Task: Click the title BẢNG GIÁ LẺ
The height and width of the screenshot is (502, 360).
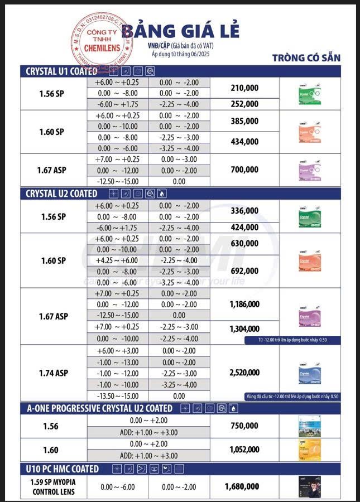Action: [x=180, y=30]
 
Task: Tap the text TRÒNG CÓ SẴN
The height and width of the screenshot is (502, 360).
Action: [x=306, y=57]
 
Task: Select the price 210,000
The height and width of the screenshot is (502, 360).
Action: [x=244, y=88]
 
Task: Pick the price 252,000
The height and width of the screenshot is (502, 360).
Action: [x=244, y=104]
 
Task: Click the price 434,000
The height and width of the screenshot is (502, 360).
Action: [x=244, y=142]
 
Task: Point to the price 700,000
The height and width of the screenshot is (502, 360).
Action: [x=244, y=170]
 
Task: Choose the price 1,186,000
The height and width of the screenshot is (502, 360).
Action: [x=244, y=304]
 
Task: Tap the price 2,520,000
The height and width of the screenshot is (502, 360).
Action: [x=244, y=372]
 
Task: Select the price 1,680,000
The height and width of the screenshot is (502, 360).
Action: [x=242, y=486]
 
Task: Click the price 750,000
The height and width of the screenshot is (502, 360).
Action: [x=244, y=426]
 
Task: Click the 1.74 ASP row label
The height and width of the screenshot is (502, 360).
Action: [x=54, y=373]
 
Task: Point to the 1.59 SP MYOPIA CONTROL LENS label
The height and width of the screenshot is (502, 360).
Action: [x=54, y=486]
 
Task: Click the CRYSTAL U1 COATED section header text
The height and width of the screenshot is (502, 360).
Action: [x=61, y=71]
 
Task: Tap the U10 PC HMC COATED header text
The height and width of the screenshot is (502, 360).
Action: [x=63, y=469]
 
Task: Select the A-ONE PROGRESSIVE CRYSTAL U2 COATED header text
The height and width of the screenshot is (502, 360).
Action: [x=99, y=408]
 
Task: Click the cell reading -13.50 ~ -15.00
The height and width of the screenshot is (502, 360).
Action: [x=117, y=396]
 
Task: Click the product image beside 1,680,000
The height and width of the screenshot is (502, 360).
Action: [x=309, y=486]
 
